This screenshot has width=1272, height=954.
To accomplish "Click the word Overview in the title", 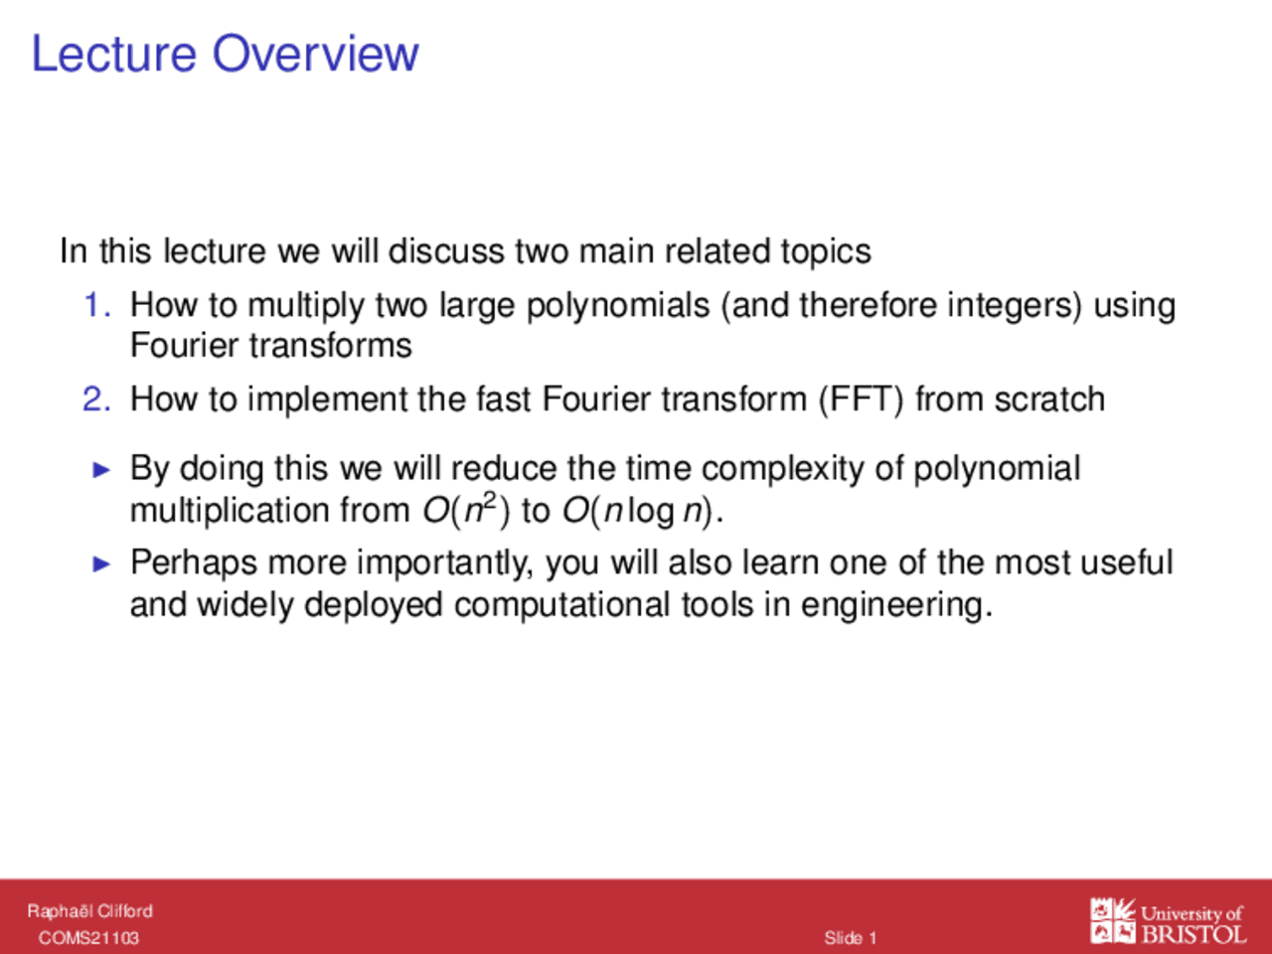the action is [315, 54].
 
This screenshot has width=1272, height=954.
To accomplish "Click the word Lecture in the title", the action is [114, 54].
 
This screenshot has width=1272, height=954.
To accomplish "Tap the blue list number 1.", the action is [97, 305].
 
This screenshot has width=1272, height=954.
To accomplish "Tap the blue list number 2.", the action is [96, 399].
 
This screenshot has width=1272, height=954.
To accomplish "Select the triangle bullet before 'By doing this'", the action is [101, 470].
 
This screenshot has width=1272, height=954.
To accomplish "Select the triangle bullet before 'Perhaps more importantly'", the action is [101, 563].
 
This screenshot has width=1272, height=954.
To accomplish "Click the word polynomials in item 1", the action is [618, 307].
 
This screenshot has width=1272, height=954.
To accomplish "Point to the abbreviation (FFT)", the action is [862, 400].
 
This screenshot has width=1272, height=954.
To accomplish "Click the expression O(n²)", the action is [466, 511].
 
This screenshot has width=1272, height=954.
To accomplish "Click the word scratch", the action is [1049, 399].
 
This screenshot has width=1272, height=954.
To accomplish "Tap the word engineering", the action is [896, 606].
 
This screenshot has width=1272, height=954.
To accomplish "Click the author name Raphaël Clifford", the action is [89, 911].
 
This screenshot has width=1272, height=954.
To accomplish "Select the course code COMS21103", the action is [88, 938].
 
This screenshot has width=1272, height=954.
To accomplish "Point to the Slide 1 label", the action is [850, 938].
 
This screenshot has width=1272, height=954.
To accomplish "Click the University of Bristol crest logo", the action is [1112, 920].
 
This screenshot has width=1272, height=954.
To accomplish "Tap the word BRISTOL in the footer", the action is [1193, 934].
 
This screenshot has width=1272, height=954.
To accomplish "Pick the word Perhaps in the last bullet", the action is [194, 563].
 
